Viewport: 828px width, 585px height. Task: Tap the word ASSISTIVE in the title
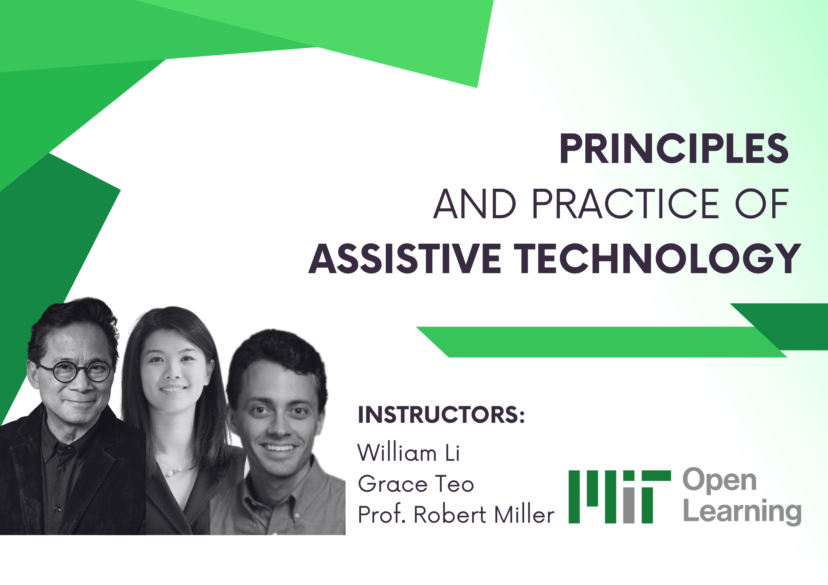click(x=405, y=259)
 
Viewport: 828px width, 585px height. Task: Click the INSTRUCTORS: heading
click(x=441, y=415)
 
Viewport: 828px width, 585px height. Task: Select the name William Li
click(x=409, y=453)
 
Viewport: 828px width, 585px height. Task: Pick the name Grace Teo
click(x=416, y=484)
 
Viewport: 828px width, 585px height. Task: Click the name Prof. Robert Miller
click(x=456, y=515)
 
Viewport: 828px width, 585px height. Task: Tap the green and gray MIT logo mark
click(x=619, y=497)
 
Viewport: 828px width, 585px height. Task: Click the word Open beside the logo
click(x=719, y=480)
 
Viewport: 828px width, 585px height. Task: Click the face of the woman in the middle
click(x=173, y=372)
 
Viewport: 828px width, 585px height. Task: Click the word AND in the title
click(x=475, y=203)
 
